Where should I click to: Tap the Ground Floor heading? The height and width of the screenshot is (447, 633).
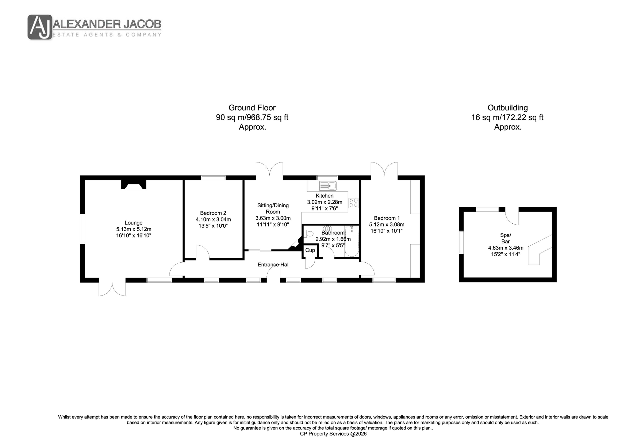click(x=252, y=108)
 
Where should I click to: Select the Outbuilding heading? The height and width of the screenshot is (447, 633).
click(x=507, y=108)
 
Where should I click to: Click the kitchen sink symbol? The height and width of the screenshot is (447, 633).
click(x=327, y=186)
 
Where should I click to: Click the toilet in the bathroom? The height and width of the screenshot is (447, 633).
click(x=308, y=234)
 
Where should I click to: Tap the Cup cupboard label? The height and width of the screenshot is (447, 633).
click(x=310, y=250)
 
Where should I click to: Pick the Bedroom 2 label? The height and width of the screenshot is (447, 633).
click(x=213, y=213)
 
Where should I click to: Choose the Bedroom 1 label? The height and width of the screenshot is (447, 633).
click(x=387, y=218)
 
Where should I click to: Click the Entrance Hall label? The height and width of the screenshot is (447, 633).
click(x=273, y=265)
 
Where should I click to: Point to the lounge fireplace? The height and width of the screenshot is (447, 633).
click(x=134, y=185)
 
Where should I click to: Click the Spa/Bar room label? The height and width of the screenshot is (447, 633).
click(x=506, y=238)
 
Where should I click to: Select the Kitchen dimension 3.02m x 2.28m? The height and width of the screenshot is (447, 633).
click(x=325, y=202)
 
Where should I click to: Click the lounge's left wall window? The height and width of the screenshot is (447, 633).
click(x=83, y=229)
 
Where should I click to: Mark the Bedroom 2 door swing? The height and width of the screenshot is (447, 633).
click(x=203, y=252)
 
